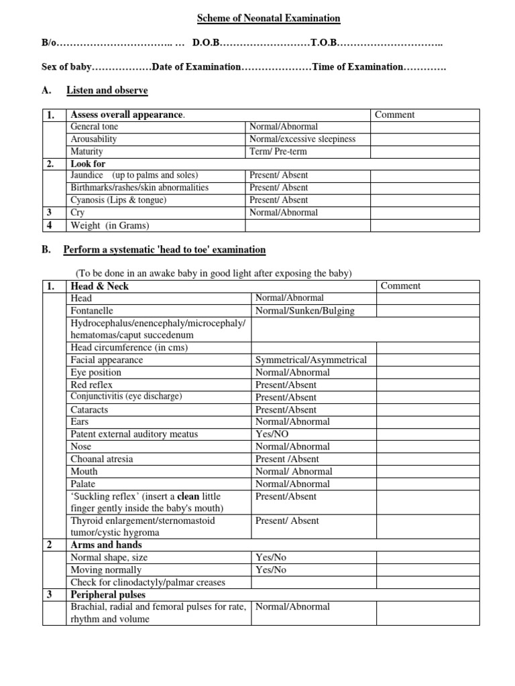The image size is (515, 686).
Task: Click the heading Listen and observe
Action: coord(107,90)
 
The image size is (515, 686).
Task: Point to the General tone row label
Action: coord(95,127)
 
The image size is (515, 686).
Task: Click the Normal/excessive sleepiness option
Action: coord(302,139)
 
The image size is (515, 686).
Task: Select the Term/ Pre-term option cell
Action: coord(278,151)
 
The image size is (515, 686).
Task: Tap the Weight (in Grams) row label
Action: coord(110,225)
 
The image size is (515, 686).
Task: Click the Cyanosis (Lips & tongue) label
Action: coord(119,200)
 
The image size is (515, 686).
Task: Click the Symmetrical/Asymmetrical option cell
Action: coord(310,360)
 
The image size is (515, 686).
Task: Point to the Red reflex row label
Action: coord(91,385)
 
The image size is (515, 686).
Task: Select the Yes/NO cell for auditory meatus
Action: coord(272,434)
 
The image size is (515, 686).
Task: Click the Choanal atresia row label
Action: coord(101,459)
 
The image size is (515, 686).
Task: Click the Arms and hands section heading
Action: coord(106,545)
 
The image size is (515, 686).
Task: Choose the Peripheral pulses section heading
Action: coord(107,595)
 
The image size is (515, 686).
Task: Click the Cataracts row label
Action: coord(89,409)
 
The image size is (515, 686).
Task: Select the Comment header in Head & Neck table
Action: coord(400,286)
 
